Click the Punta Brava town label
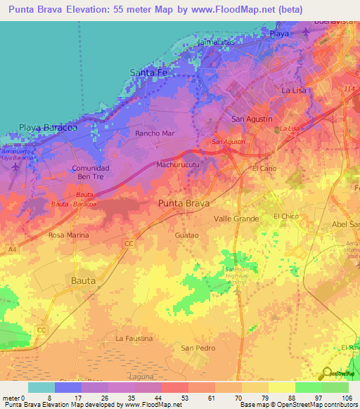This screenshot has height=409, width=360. pos(184,203)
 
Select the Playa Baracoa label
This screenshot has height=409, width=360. pos(48,128)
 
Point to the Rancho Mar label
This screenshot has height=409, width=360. pos(154,132)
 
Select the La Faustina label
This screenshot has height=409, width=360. pos(134,338)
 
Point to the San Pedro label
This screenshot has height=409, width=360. pos(198,348)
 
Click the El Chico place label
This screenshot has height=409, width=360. pos(286,216)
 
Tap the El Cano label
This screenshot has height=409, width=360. pos(264,169)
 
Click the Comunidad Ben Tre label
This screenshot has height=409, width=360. pos(91,173)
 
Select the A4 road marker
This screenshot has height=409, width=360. pos(12,248)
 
